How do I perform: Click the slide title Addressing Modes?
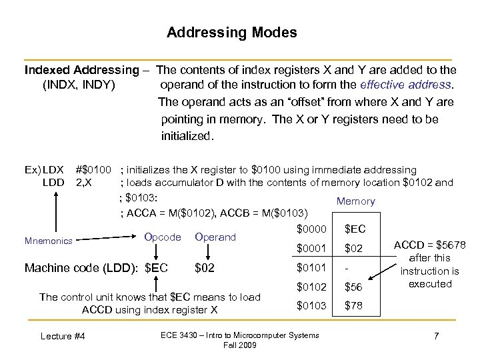(231, 33)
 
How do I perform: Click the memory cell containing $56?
(353, 287)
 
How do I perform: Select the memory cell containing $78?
(353, 306)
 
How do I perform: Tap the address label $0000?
(312, 229)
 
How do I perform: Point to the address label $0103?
(312, 306)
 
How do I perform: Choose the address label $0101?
(312, 268)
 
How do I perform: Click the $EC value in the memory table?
(354, 229)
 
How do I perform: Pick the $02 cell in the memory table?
(353, 249)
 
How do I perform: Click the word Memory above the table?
(355, 201)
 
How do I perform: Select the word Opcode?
(163, 237)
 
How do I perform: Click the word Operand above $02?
(215, 237)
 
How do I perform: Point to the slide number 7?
(435, 335)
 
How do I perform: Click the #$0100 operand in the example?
(93, 170)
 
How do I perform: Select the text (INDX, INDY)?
(79, 85)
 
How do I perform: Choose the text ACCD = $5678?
(431, 244)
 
